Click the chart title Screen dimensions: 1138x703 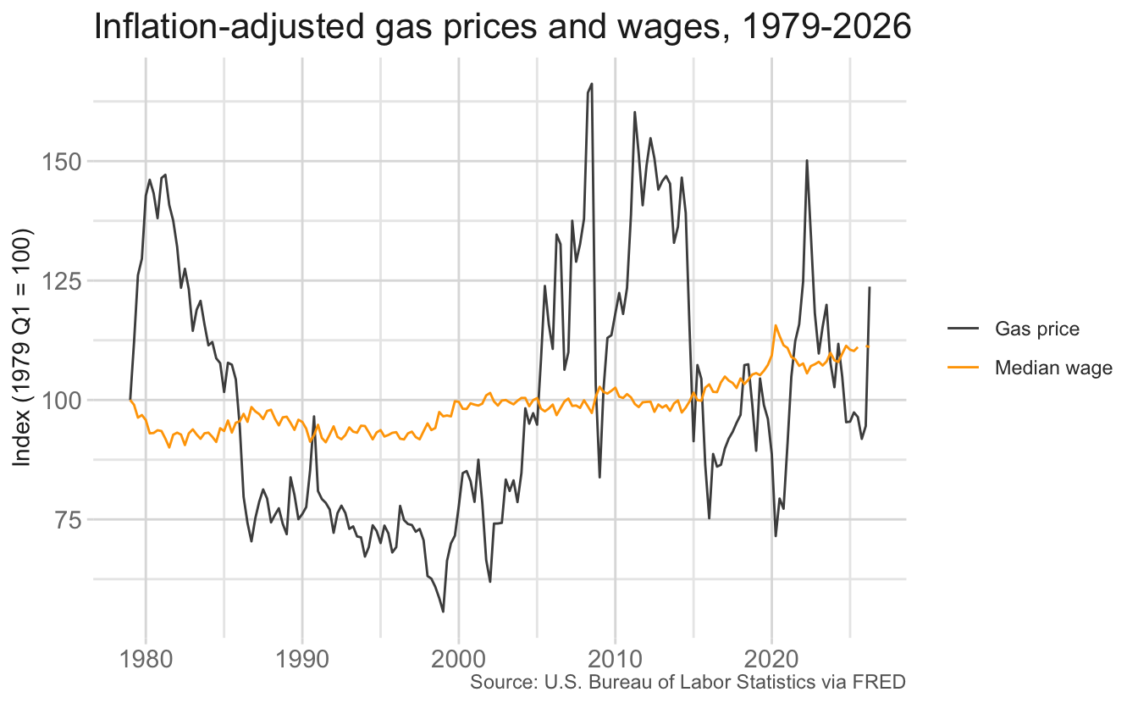tap(502, 26)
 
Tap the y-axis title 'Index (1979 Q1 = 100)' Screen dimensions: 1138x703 tap(21, 347)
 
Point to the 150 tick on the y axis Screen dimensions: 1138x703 tap(61, 162)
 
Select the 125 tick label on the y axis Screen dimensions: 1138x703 tap(61, 281)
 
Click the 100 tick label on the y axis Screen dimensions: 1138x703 tap(61, 401)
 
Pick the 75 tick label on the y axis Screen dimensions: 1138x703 tap(68, 520)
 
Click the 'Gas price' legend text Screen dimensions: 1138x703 tap(1037, 329)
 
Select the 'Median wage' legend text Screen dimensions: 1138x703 tap(1053, 368)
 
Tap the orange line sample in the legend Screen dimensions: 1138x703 tap(964, 367)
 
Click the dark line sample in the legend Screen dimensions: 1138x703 tap(964, 329)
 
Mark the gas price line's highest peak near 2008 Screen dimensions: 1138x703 tap(592, 84)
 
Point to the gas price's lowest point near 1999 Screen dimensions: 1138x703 tap(443, 612)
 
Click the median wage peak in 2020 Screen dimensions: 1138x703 tap(776, 325)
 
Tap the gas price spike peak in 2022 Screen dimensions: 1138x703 tap(807, 161)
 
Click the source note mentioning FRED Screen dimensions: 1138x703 tap(688, 682)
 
